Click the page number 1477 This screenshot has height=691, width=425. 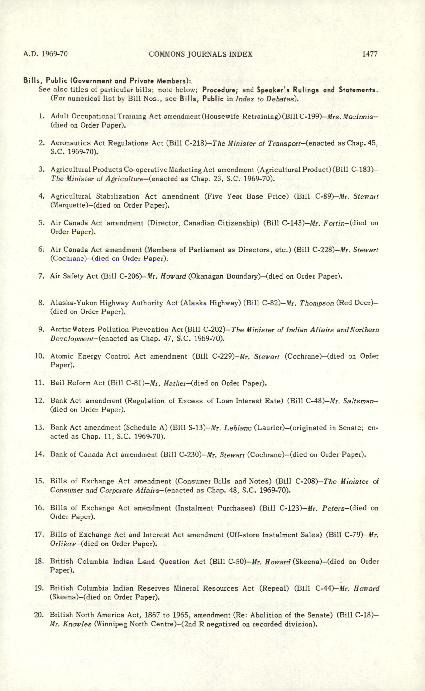click(370, 54)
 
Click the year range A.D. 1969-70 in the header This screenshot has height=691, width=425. click(46, 54)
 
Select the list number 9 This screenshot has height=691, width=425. click(42, 329)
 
